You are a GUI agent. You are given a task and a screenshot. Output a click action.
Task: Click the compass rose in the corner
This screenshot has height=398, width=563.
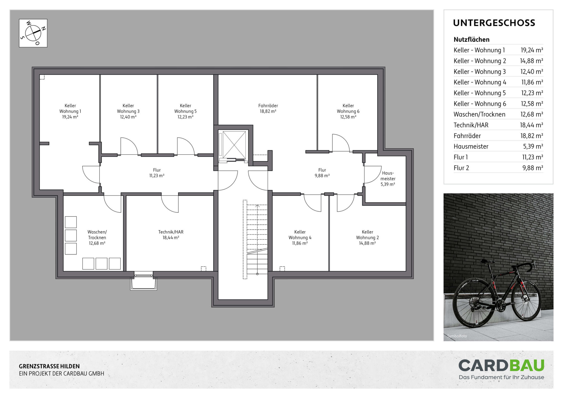point(33,33)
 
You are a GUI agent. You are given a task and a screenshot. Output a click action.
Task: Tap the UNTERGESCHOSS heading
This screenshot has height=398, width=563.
point(494,23)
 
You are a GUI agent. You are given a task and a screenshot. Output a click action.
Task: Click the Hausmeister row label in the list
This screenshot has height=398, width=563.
point(471,146)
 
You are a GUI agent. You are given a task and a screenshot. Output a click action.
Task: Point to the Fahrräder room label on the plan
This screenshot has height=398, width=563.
point(268,106)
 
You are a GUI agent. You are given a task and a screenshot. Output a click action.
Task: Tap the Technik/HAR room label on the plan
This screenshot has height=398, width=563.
point(171,232)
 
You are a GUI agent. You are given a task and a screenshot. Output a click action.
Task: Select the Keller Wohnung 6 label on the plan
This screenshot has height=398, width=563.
point(348,111)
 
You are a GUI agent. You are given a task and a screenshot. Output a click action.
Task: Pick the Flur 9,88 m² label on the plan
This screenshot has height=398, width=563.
point(322,173)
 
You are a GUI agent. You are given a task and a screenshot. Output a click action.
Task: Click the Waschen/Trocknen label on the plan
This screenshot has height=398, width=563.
point(97,235)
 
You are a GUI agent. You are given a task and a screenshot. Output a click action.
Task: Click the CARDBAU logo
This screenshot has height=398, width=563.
point(501,369)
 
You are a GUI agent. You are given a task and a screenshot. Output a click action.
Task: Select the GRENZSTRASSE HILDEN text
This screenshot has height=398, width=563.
point(49,366)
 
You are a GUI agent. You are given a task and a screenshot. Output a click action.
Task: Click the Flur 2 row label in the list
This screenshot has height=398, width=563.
point(461,168)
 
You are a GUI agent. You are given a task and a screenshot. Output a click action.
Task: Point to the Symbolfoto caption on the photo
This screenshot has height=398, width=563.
point(457,336)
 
